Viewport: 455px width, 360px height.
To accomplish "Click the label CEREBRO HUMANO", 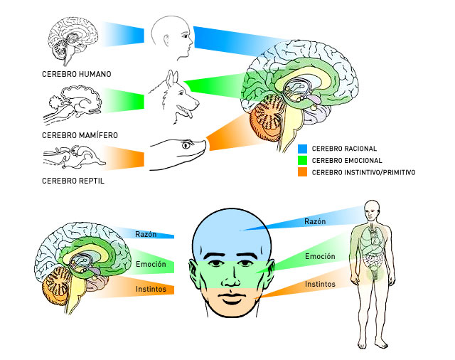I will pos(76,74).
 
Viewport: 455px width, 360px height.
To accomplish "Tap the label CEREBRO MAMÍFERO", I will pos(79,134).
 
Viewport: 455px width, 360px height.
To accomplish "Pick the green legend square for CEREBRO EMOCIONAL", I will pos(303,161).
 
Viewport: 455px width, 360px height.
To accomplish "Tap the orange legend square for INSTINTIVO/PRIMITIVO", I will pos(303,172).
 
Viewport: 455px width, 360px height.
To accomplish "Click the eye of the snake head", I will pos(188,146).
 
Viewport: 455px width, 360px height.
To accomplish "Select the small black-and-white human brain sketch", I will pos(72,38).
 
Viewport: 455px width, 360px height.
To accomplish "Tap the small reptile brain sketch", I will pos(72,155).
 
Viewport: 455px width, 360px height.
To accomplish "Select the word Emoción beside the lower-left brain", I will pos(151,265).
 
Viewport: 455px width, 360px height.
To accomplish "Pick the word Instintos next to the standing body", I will pos(321,284).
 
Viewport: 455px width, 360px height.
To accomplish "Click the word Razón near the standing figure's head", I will pos(315,222).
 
